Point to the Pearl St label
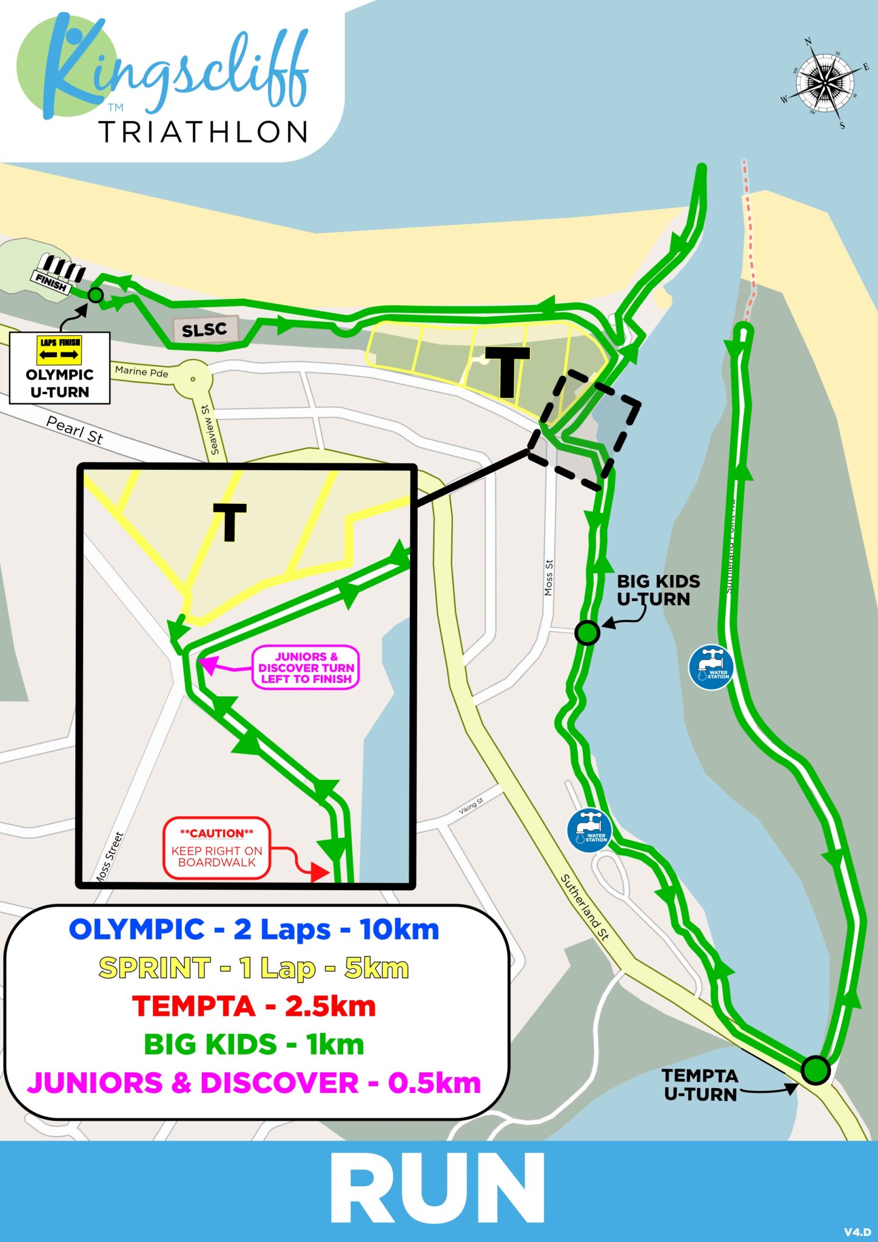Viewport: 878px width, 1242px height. [x=75, y=430]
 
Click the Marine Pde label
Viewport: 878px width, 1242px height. [x=141, y=372]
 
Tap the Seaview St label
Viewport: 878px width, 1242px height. [x=216, y=430]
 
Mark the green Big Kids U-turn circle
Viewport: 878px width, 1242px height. [x=587, y=633]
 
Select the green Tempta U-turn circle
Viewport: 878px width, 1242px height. [x=815, y=1070]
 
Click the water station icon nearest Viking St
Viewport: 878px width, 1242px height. [x=589, y=831]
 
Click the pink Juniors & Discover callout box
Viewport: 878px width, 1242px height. [x=306, y=668]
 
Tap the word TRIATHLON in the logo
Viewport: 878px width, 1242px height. [x=204, y=132]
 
